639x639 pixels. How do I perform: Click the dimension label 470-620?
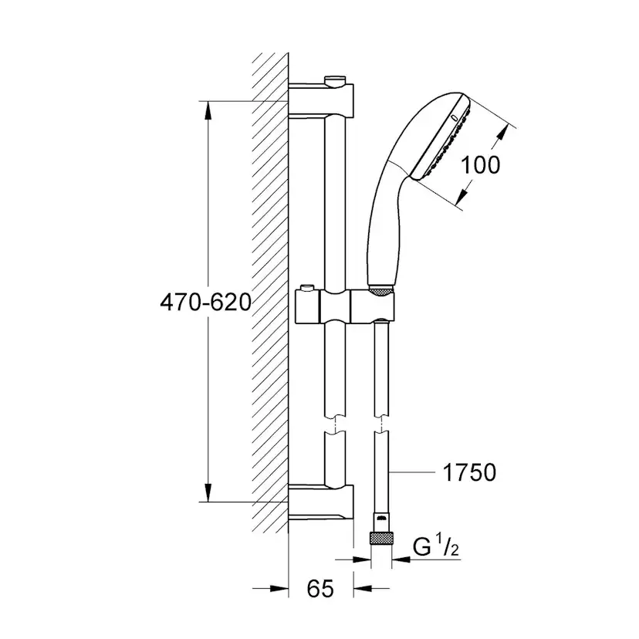205,303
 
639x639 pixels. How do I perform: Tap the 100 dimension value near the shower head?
480,164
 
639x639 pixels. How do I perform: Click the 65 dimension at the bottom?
319,589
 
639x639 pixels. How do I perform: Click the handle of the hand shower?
383,232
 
